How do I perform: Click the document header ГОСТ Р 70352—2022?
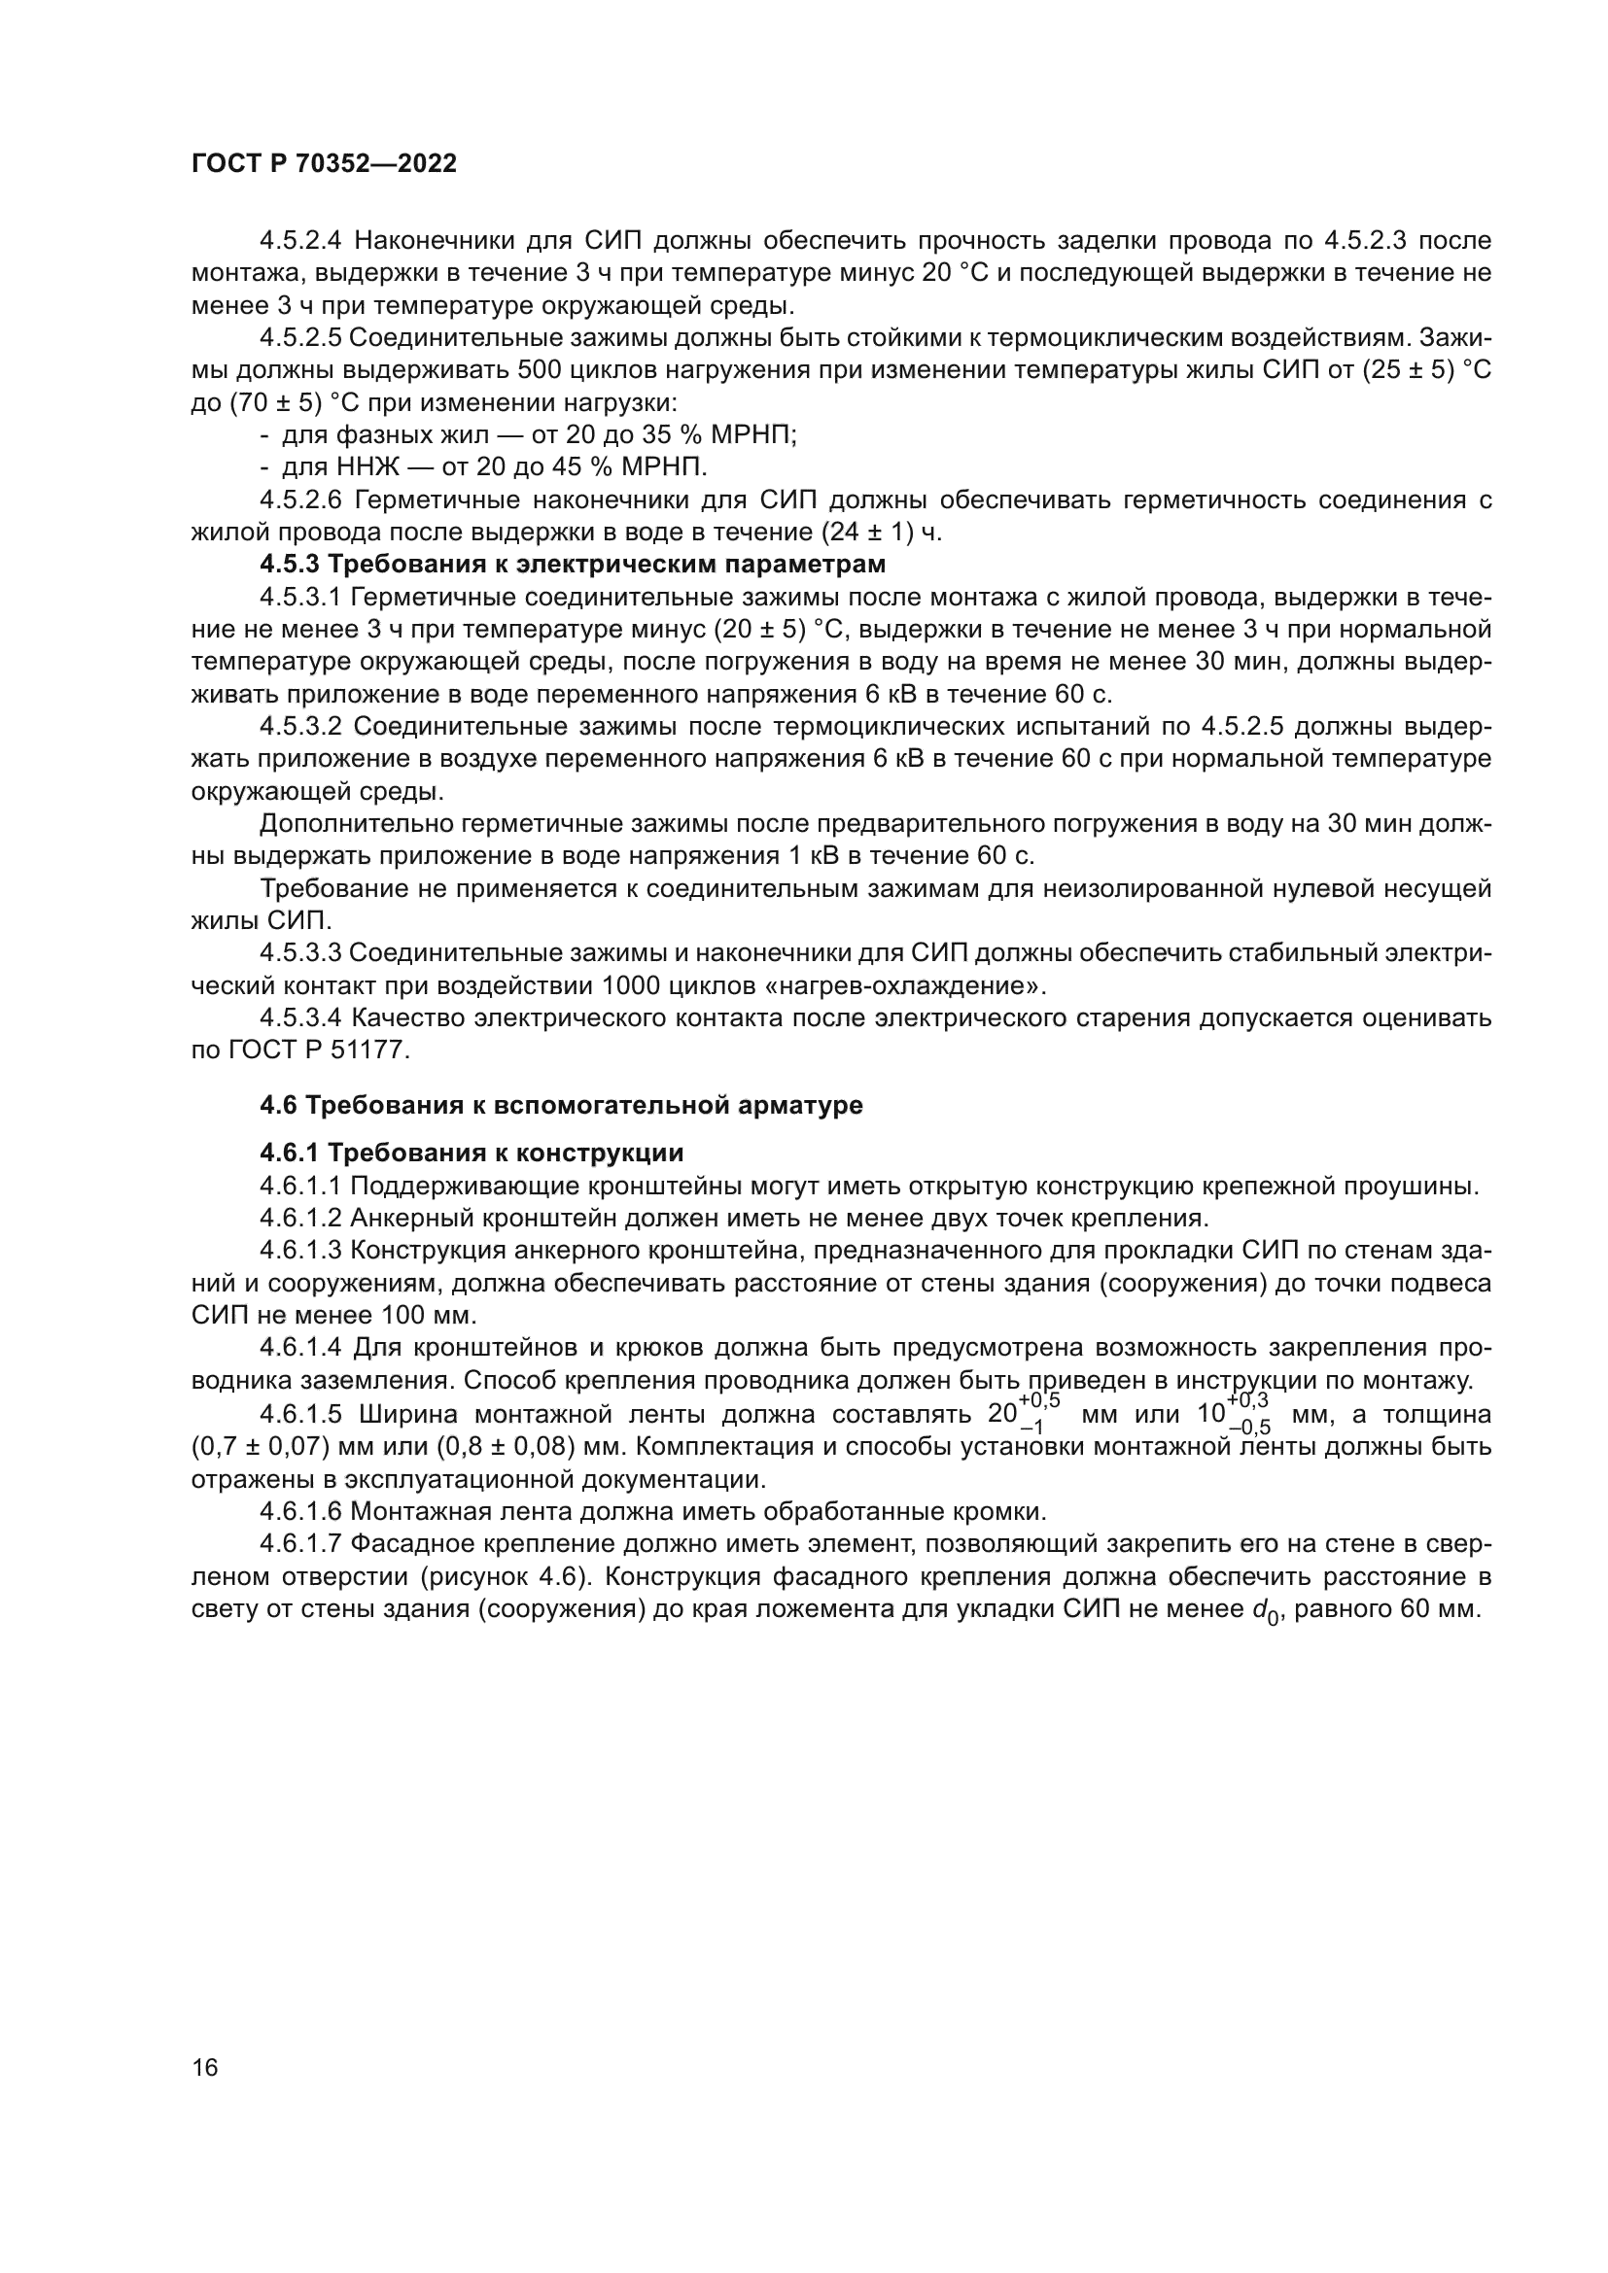pyautogui.click(x=324, y=164)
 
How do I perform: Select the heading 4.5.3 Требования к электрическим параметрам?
pyautogui.click(x=573, y=566)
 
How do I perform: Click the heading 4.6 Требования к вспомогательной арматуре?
pyautogui.click(x=560, y=1105)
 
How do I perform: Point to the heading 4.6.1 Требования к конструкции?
pyautogui.click(x=472, y=1154)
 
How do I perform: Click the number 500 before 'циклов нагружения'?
pyautogui.click(x=540, y=371)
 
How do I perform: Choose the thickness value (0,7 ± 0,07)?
pyautogui.click(x=262, y=1446)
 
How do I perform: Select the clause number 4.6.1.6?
pyautogui.click(x=301, y=1512)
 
